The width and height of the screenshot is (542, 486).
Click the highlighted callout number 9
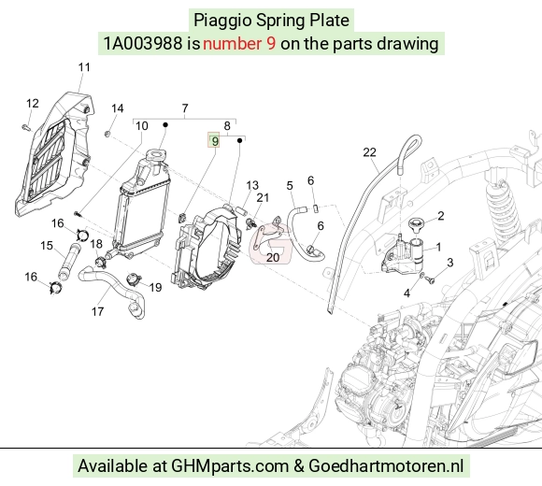pyautogui.click(x=215, y=141)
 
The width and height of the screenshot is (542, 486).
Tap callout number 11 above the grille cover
pyautogui.click(x=84, y=67)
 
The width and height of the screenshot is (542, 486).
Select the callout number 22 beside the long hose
pyautogui.click(x=369, y=152)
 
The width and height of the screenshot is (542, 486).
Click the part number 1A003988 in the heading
pyautogui.click(x=143, y=44)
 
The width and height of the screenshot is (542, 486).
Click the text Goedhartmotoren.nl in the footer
pyautogui.click(x=386, y=465)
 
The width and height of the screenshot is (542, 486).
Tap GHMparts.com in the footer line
pyautogui.click(x=230, y=465)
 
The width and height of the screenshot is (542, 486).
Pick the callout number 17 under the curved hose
pyautogui.click(x=98, y=311)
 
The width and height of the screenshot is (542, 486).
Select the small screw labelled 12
pyautogui.click(x=26, y=128)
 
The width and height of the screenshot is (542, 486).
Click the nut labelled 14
pyautogui.click(x=107, y=133)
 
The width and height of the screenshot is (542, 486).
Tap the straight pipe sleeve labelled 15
pyautogui.click(x=69, y=262)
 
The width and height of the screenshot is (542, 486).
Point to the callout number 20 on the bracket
pyautogui.click(x=273, y=258)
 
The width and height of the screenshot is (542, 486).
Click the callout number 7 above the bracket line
pyautogui.click(x=185, y=108)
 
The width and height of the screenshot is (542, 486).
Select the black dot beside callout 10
pyautogui.click(x=165, y=125)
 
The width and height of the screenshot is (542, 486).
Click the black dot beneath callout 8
pyautogui.click(x=239, y=141)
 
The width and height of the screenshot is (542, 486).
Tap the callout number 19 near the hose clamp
pyautogui.click(x=155, y=287)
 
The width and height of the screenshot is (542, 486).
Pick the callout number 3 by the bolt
pyautogui.click(x=449, y=263)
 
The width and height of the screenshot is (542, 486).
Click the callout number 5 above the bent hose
pyautogui.click(x=290, y=186)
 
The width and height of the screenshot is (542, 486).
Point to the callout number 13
pyautogui.click(x=252, y=185)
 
